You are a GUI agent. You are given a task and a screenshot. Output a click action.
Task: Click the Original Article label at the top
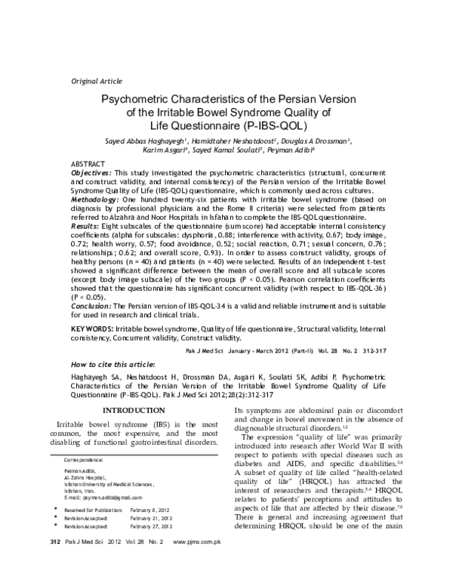[96, 79]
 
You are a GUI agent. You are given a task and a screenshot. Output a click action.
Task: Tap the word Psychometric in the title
[140, 100]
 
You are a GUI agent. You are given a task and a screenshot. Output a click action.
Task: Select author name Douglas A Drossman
[317, 140]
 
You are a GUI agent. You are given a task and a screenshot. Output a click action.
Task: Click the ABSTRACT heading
[88, 164]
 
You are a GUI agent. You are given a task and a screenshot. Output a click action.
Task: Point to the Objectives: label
[94, 173]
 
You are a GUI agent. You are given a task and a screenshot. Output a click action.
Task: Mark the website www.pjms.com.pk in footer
[196, 564]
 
